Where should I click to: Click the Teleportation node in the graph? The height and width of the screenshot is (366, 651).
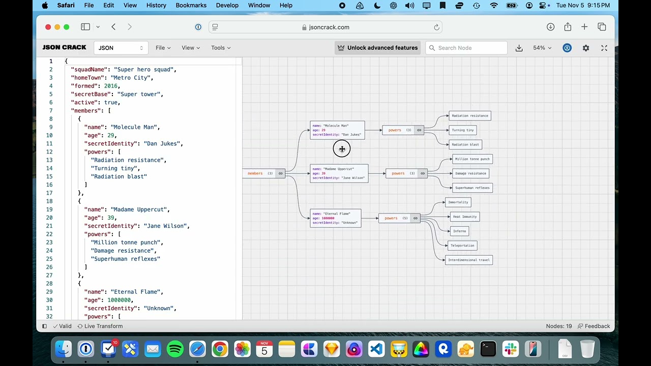(462, 246)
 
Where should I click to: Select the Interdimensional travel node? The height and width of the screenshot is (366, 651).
(468, 260)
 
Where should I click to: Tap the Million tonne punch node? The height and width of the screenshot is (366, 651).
(472, 159)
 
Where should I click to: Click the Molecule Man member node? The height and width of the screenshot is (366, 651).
(337, 130)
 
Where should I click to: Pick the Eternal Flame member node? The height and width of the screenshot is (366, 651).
(335, 218)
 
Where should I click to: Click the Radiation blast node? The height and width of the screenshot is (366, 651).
(465, 144)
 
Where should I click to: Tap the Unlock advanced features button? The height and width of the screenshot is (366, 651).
(377, 48)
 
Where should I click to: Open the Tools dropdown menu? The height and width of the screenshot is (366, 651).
(221, 48)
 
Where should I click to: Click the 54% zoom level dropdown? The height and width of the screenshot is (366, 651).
(542, 48)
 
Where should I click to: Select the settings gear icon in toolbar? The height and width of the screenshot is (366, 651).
(586, 48)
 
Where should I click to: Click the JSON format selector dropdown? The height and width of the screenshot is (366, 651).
(121, 48)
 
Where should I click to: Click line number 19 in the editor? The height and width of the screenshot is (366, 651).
(49, 209)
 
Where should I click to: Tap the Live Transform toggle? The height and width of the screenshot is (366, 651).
(100, 326)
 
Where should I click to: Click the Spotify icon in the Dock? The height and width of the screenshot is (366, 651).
(175, 349)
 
